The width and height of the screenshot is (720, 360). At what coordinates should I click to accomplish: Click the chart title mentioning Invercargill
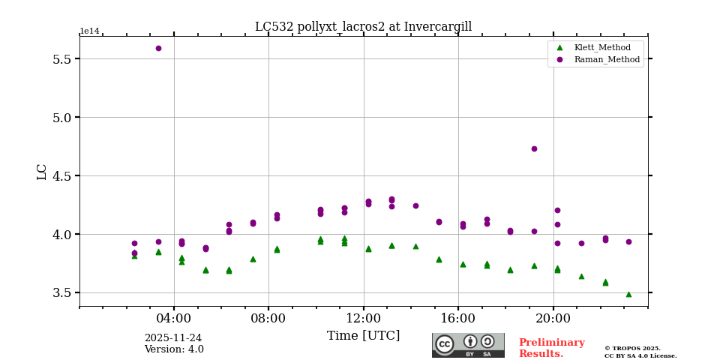click(x=363, y=27)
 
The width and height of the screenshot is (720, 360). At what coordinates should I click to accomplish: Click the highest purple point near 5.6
click(x=158, y=48)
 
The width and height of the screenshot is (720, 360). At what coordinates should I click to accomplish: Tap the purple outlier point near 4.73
click(x=534, y=148)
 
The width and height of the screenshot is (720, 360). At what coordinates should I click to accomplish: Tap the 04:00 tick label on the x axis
click(x=174, y=318)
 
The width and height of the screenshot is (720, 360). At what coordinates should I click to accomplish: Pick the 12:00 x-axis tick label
click(x=364, y=318)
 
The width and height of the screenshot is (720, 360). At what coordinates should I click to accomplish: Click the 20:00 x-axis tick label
click(x=553, y=318)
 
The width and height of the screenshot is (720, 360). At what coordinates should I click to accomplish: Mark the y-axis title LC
click(x=42, y=171)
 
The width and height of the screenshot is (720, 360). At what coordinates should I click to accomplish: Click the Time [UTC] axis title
click(x=363, y=335)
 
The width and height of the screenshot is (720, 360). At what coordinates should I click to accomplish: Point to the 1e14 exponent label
click(x=89, y=31)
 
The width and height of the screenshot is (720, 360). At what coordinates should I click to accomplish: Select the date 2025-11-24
click(x=173, y=338)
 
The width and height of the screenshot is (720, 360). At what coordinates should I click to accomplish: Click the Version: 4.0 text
click(x=173, y=349)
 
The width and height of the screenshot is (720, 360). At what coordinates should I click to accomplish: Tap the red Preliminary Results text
click(x=551, y=348)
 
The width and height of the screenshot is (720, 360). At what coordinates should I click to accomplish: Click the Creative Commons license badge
click(x=468, y=345)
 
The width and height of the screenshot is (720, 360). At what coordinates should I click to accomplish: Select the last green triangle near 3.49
click(x=628, y=294)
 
